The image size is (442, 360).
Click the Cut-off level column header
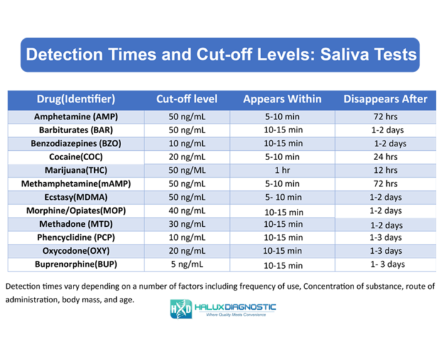pyautogui.click(x=186, y=99)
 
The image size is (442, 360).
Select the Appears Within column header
pyautogui.click(x=282, y=99)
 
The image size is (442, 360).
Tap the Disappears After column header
pyautogui.click(x=385, y=99)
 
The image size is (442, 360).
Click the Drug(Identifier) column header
pyautogui.click(x=76, y=99)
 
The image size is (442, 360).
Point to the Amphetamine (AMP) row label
pyautogui.click(x=76, y=117)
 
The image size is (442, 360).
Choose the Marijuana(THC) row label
pyautogui.click(x=76, y=170)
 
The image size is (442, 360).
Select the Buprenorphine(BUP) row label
pyautogui.click(x=76, y=264)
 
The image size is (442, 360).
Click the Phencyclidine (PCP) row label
pyautogui.click(x=76, y=237)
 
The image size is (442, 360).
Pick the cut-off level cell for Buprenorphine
pyautogui.click(x=186, y=264)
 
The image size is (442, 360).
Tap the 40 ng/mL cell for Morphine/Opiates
pyautogui.click(x=186, y=210)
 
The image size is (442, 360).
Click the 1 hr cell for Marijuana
pyautogui.click(x=282, y=170)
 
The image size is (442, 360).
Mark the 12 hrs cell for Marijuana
pyautogui.click(x=385, y=170)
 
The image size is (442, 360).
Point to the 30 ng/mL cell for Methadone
pyautogui.click(x=186, y=224)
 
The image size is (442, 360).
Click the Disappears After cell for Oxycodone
pyautogui.click(x=385, y=251)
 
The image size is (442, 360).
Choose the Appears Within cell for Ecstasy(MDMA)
pyautogui.click(x=282, y=197)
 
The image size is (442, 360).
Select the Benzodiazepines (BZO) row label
pyautogui.click(x=76, y=143)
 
